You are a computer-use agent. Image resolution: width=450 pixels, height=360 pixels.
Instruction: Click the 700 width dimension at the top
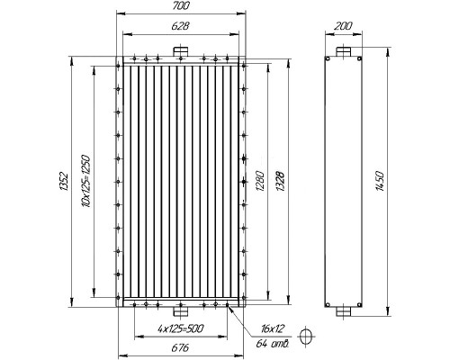coord(181,5)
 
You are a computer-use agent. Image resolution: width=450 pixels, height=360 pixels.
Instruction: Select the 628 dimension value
coord(180,26)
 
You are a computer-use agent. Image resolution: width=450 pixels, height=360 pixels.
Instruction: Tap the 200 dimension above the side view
coord(343,26)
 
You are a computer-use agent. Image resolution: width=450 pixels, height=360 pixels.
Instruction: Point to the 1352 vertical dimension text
coord(65,181)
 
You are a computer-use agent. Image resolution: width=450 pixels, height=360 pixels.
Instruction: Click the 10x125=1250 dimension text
coord(86,181)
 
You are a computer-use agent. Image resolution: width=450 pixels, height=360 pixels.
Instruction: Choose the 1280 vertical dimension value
coord(260,182)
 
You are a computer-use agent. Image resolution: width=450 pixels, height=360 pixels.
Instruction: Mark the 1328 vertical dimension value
coord(280,182)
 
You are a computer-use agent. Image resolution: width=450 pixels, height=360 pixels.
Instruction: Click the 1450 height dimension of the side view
coord(380,181)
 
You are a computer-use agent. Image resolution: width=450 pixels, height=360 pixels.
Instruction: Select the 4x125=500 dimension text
coord(181,328)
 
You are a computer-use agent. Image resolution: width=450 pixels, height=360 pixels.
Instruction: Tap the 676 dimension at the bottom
coord(180,347)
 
